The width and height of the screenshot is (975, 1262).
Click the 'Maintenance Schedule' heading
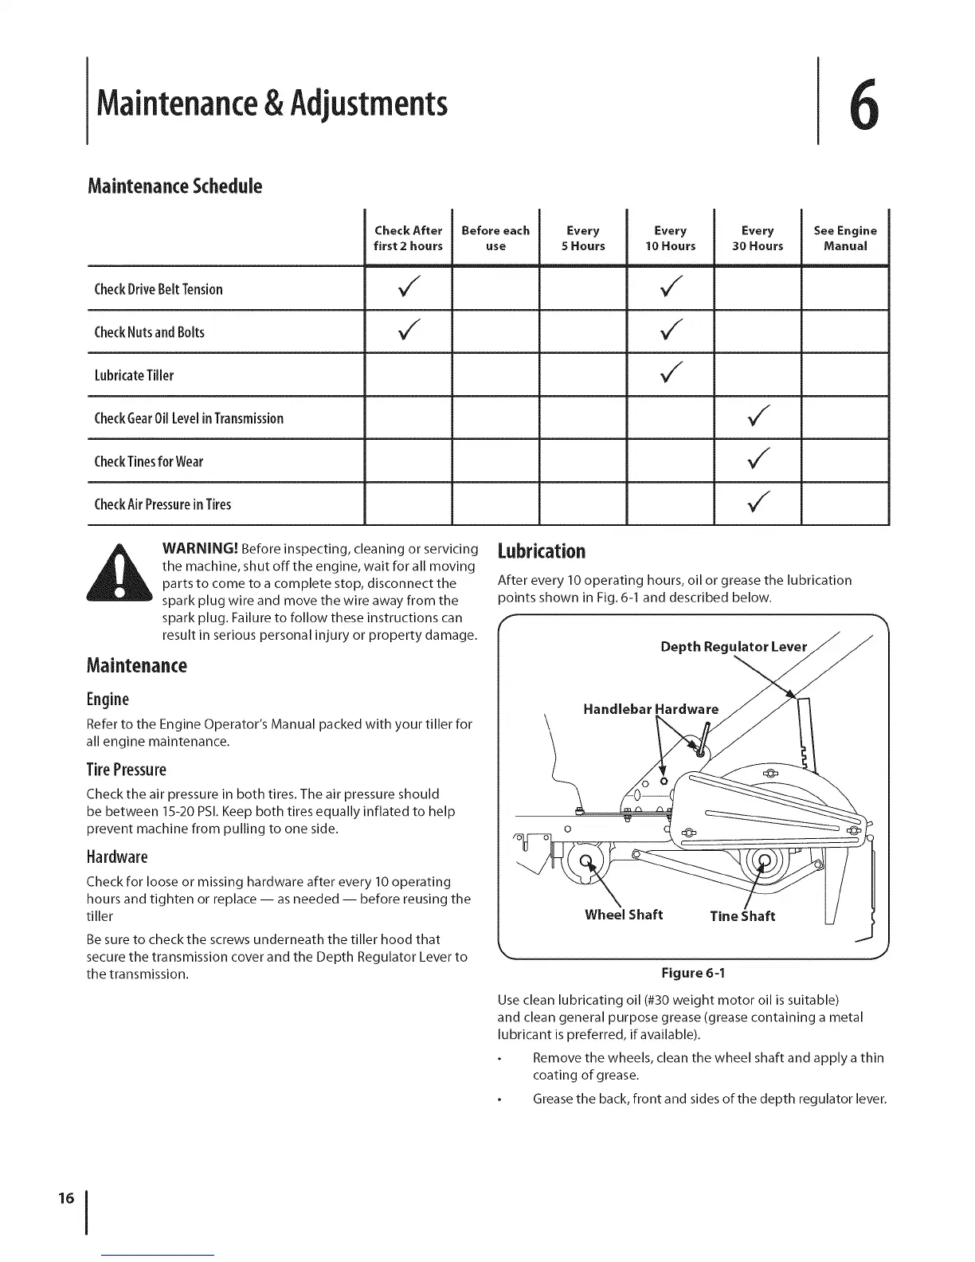pyautogui.click(x=174, y=186)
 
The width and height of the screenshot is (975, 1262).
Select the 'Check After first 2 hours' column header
pyautogui.click(x=408, y=238)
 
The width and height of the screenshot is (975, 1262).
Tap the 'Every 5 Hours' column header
pyautogui.click(x=583, y=238)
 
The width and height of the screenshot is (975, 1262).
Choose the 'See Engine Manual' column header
pyautogui.click(x=845, y=238)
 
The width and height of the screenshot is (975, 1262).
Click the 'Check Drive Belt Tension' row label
pyautogui.click(x=159, y=289)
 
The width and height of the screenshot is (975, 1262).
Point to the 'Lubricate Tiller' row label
pyautogui.click(x=134, y=375)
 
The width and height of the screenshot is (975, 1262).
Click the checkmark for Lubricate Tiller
pyautogui.click(x=671, y=374)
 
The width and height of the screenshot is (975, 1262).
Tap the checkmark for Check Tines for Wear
pyautogui.click(x=758, y=460)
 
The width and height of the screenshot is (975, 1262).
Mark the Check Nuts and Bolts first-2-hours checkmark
pyautogui.click(x=408, y=331)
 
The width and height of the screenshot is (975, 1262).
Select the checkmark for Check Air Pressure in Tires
pyautogui.click(x=758, y=503)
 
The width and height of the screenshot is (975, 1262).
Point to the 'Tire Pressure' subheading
pyautogui.click(x=127, y=770)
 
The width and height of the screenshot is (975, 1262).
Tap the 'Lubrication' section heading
pyautogui.click(x=541, y=551)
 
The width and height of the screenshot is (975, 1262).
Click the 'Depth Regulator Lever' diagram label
pyautogui.click(x=734, y=646)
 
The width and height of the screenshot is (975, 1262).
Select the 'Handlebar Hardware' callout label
pyautogui.click(x=651, y=709)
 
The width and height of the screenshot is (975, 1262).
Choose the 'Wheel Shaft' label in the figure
pyautogui.click(x=624, y=915)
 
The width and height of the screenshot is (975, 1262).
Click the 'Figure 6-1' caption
pyautogui.click(x=693, y=973)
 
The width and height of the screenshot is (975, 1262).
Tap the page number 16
pyautogui.click(x=66, y=1198)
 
